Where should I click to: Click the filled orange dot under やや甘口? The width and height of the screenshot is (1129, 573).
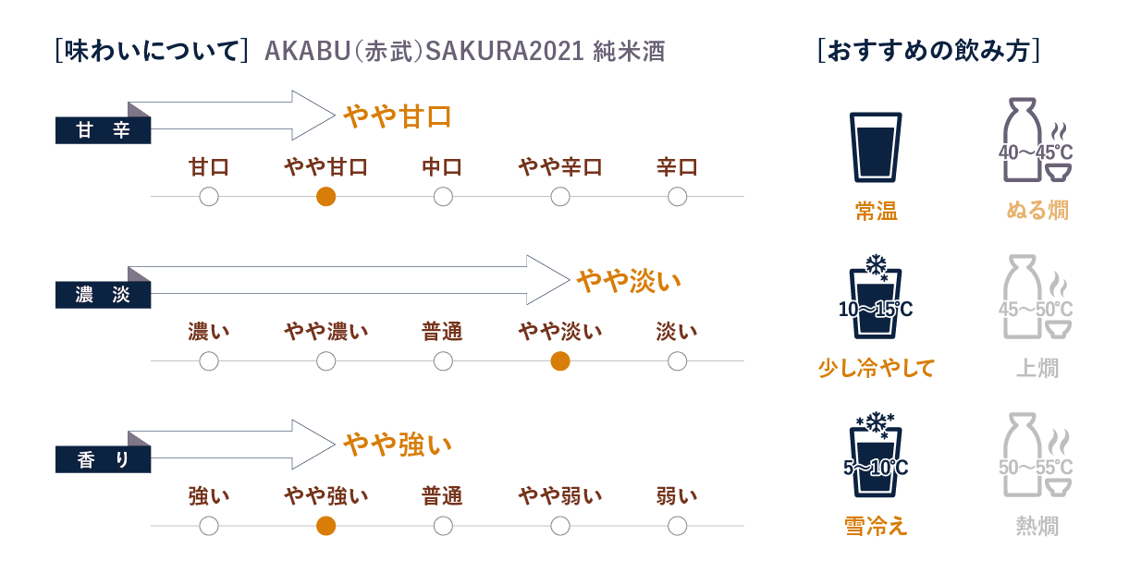coord(326,197)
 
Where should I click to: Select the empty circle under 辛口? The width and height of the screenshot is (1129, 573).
coord(677,197)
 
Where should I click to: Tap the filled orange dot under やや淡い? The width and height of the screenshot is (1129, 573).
coord(560,361)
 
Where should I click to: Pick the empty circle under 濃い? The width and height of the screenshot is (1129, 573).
coord(209,361)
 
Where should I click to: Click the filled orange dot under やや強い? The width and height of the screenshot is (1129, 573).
coord(326,526)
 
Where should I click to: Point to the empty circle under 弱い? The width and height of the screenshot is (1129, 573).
coord(677,526)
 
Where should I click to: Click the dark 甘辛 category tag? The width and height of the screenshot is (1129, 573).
coord(103,130)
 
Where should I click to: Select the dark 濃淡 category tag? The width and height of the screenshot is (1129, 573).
coord(103,295)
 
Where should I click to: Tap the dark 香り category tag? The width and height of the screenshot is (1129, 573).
coord(103,459)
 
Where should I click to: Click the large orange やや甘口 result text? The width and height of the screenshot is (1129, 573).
coord(398,117)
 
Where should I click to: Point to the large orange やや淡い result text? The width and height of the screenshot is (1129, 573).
coord(629,281)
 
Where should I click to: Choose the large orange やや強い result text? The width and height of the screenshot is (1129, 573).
coord(398,445)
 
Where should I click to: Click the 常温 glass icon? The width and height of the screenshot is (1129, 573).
coord(876,147)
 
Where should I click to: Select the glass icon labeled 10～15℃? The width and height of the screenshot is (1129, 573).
coord(876,297)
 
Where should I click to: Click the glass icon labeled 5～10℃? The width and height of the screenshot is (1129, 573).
coord(876,455)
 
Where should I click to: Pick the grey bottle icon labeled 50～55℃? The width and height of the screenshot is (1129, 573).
coord(1036,455)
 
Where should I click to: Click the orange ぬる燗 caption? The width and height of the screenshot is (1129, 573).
coord(1037,210)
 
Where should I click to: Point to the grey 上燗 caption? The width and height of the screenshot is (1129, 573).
coord(1037,368)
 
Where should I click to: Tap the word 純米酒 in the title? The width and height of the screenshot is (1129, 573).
coord(629,51)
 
